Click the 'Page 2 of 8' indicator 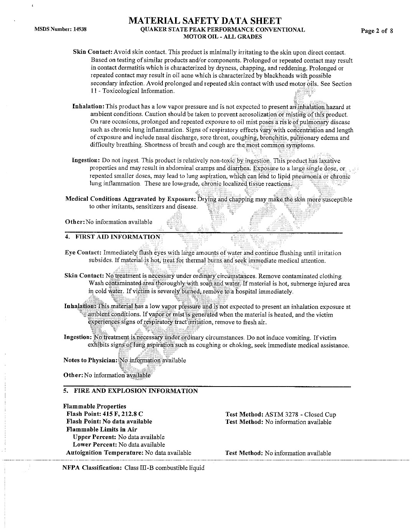pyautogui.click(x=377, y=31)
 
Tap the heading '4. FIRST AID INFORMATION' pyautogui.click(x=113, y=237)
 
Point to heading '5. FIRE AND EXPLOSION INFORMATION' pyautogui.click(x=131, y=391)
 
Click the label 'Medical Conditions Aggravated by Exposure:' pyautogui.click(x=131, y=199)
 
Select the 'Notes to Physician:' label pyautogui.click(x=90, y=360)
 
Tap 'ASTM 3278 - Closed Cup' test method pyautogui.click(x=300, y=414)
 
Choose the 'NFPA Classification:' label pyautogui.click(x=92, y=468)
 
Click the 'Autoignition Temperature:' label pyautogui.click(x=104, y=453)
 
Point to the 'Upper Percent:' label pyautogui.click(x=94, y=437)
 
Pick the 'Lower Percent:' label pyautogui.click(x=94, y=445)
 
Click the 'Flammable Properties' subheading pyautogui.click(x=94, y=406)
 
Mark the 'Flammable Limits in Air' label pyautogui.click(x=101, y=429)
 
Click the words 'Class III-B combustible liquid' pyautogui.click(x=164, y=468)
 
